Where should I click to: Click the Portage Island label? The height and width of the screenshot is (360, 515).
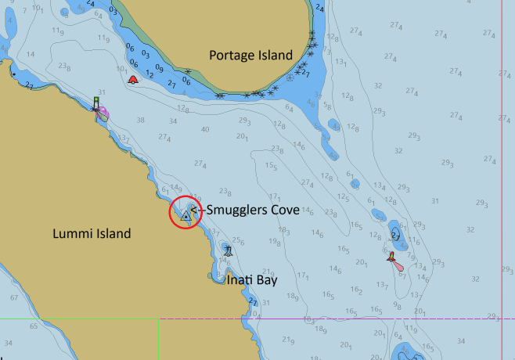point(250,55)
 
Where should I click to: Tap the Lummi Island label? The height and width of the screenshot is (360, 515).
point(92,233)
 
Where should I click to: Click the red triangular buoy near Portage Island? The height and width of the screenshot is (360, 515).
point(133,79)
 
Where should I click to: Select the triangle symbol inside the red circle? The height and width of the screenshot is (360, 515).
point(185,214)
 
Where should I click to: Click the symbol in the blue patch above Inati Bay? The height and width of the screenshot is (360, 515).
point(227,250)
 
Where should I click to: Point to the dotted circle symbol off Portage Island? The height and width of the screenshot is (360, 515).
point(290,77)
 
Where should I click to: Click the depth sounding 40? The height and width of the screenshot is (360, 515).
point(205,129)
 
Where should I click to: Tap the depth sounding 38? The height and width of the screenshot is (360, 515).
point(141,120)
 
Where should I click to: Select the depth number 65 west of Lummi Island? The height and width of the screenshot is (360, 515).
point(33,326)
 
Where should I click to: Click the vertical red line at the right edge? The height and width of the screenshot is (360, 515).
point(502,180)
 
